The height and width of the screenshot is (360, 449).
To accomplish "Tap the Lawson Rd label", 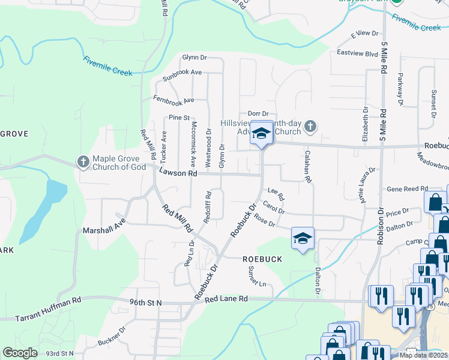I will (178, 173).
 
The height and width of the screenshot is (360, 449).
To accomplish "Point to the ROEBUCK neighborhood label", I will (262, 259).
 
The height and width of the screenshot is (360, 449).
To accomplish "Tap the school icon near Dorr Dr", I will (261, 134).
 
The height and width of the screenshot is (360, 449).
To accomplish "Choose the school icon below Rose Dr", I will (303, 238).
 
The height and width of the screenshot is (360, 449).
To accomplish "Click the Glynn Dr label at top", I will (194, 58).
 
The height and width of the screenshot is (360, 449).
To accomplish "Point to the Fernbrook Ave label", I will (174, 99).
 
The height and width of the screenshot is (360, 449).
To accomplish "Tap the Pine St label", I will (179, 117).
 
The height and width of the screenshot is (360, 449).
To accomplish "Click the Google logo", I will (20, 353).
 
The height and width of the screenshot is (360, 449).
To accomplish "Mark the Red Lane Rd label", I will (226, 298).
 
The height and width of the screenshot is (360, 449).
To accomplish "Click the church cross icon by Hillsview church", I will (310, 126).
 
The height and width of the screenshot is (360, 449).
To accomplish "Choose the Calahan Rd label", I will (307, 167).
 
